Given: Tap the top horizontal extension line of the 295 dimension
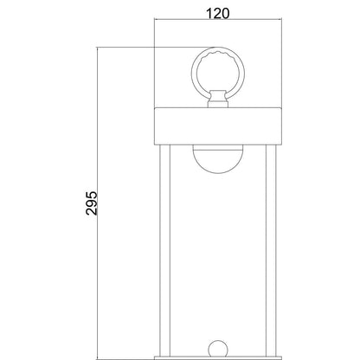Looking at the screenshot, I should [x=130, y=48].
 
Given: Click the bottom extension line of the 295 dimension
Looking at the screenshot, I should [x=130, y=358].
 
